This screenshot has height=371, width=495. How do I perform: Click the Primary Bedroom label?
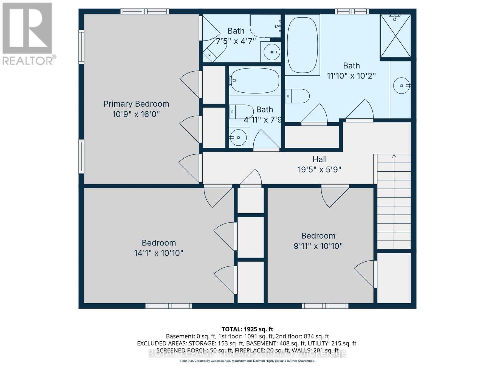136,104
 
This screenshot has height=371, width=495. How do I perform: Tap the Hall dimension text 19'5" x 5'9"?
319,169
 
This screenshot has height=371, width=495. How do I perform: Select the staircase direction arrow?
394,156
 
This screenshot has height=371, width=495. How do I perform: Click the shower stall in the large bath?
395,36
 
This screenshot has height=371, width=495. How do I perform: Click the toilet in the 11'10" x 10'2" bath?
297,96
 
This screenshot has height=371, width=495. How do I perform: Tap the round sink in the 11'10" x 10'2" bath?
401,85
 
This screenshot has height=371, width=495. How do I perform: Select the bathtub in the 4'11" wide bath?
255,80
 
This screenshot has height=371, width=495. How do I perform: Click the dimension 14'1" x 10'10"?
158,253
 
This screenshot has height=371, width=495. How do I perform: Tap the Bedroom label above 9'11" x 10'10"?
318,236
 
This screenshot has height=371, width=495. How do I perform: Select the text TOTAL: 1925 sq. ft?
247,329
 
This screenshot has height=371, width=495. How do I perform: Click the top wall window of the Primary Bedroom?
144,11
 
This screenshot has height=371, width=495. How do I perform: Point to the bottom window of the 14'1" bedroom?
169,306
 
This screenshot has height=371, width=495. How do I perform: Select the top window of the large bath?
352,11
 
